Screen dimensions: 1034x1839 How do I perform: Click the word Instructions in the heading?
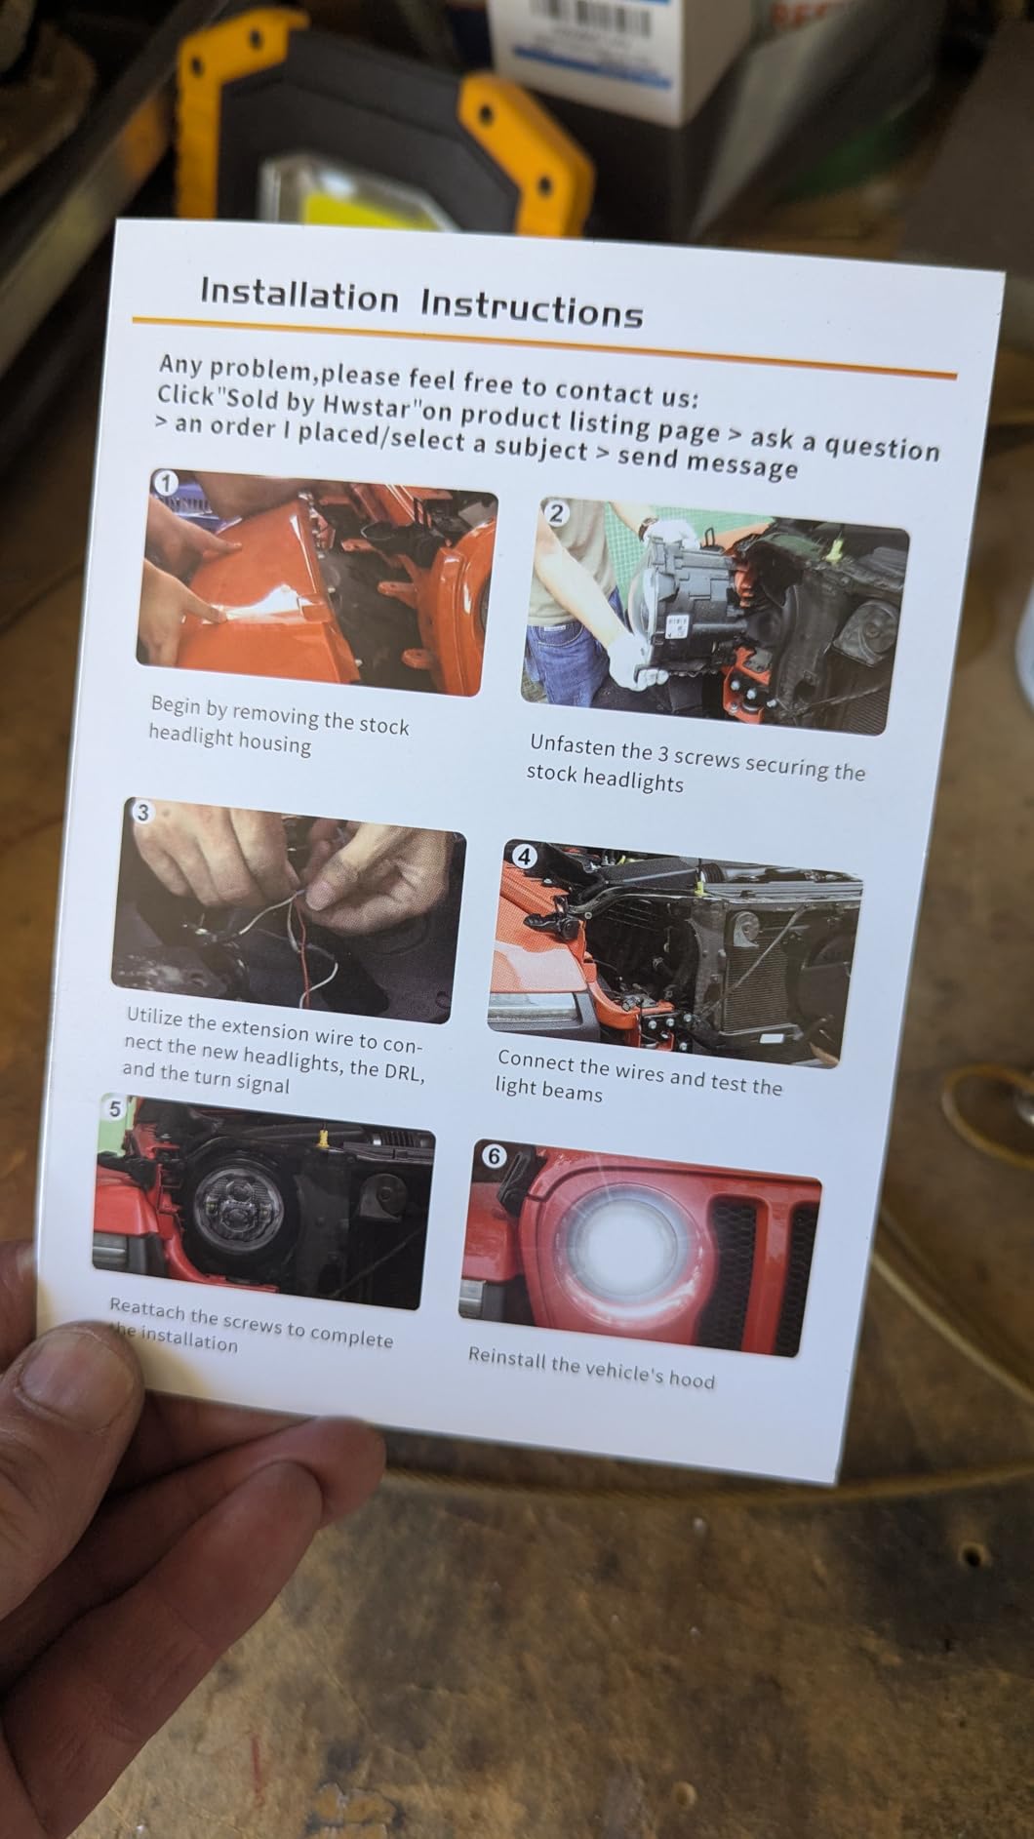532,308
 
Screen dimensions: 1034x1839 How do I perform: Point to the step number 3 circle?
142,811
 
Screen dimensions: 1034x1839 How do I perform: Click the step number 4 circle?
524,857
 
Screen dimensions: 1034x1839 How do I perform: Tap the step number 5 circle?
114,1109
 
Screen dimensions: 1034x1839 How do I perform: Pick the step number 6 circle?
493,1156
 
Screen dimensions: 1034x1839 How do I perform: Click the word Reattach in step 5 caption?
144,1310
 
